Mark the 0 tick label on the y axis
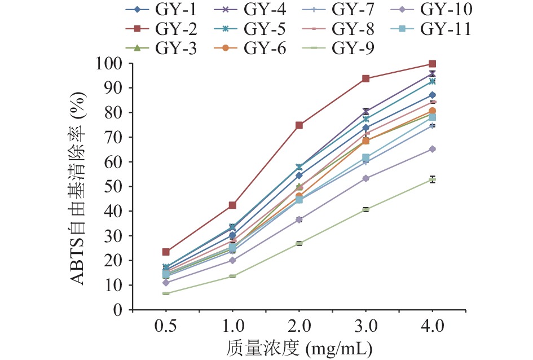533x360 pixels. pyautogui.click(x=117, y=310)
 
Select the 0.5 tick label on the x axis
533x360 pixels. pyautogui.click(x=166, y=327)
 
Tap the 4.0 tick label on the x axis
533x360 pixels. pyautogui.click(x=432, y=327)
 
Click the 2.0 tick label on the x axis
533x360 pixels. pyautogui.click(x=299, y=327)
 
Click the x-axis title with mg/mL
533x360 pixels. pyautogui.click(x=299, y=347)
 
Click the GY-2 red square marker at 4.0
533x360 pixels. pyautogui.click(x=432, y=64)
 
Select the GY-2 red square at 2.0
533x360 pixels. pyautogui.click(x=299, y=125)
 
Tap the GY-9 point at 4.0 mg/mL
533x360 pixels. pyautogui.click(x=432, y=179)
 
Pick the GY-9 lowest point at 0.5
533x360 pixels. pyautogui.click(x=166, y=293)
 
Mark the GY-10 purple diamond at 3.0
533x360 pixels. pyautogui.click(x=365, y=178)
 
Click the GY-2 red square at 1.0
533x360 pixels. pyautogui.click(x=232, y=205)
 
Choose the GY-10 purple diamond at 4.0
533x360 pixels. pyautogui.click(x=432, y=149)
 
